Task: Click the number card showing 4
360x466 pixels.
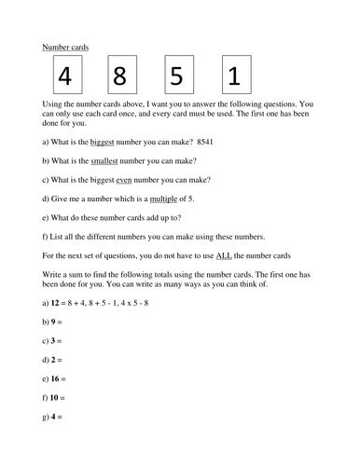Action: pyautogui.click(x=64, y=75)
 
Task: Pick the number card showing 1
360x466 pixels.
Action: pyautogui.click(x=236, y=75)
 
